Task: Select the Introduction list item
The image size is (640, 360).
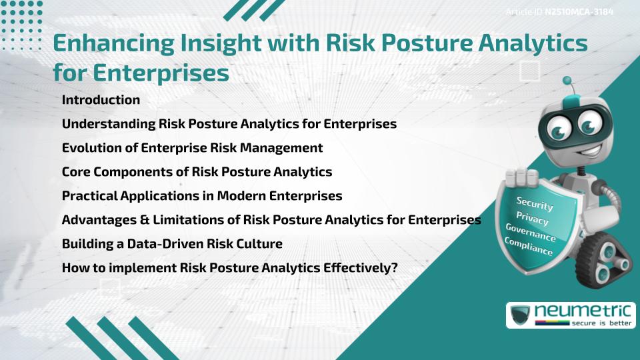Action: [x=101, y=100]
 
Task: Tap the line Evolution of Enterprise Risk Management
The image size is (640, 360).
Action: [x=192, y=148]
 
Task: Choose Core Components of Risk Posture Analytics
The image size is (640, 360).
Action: [x=197, y=172]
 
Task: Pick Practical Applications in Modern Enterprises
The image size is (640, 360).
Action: [x=202, y=196]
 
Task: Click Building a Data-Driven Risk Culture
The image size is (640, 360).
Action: [x=172, y=244]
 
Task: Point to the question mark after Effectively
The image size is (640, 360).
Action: [x=395, y=268]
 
